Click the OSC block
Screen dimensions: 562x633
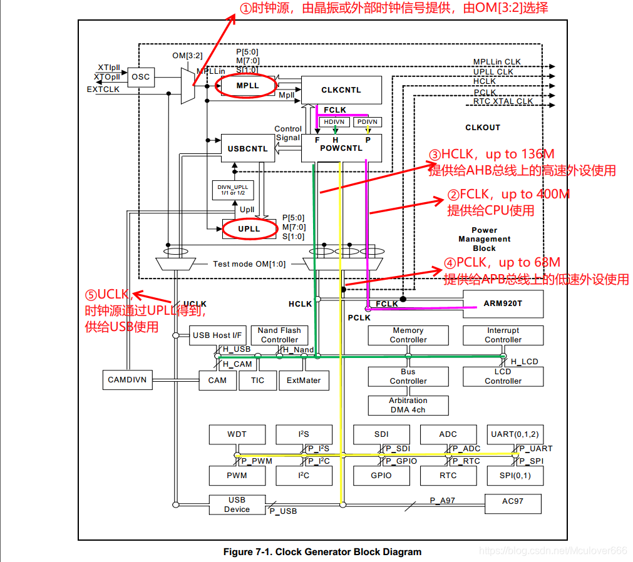tap(141, 77)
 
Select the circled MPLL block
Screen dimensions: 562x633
tap(247, 86)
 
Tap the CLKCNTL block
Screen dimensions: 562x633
tap(341, 90)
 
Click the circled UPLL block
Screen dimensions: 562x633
tap(249, 229)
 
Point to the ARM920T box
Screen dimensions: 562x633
tap(503, 304)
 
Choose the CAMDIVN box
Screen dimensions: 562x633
tap(127, 380)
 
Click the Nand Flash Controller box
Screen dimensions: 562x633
tap(279, 335)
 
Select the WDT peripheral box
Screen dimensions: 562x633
tap(237, 434)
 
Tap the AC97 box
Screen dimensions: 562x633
tap(512, 502)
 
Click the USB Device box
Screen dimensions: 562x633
tap(237, 504)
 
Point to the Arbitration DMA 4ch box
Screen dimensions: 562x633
tap(408, 405)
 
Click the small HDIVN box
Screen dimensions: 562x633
tap(335, 122)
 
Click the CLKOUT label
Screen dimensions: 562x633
tap(483, 128)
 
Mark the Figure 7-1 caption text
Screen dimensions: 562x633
tap(322, 552)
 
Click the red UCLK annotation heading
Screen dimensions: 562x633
tap(108, 294)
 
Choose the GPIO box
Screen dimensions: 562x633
tap(381, 476)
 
